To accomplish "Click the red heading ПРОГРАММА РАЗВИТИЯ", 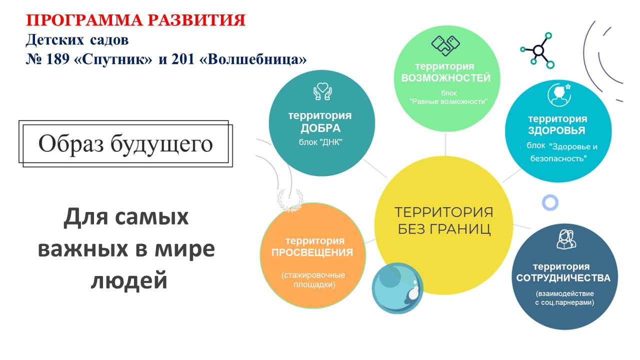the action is pos(135,20).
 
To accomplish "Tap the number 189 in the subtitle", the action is pos(57,59).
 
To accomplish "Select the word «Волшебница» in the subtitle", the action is pos(253,59).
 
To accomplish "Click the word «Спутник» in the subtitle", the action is pos(113,59).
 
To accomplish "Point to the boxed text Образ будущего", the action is pos(125,143).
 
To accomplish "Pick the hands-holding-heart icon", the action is pos(322,91).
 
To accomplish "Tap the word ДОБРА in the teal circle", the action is pos(320,128).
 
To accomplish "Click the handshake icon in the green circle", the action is pos(445,45).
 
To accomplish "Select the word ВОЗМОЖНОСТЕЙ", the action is pos(445,77).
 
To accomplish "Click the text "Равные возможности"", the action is pos(448,101).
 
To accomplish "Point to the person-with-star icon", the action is pos(559,94).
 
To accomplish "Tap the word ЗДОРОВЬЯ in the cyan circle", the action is pos(556,130).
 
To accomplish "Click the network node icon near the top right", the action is pos(537,50).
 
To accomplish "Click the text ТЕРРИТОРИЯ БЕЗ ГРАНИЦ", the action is pos(444,220).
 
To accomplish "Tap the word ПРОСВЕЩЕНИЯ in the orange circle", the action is pos(312,252).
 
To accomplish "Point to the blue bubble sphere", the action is pos(397,288).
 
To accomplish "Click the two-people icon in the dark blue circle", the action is pos(566,239).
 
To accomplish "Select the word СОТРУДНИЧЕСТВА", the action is pos(563,278).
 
